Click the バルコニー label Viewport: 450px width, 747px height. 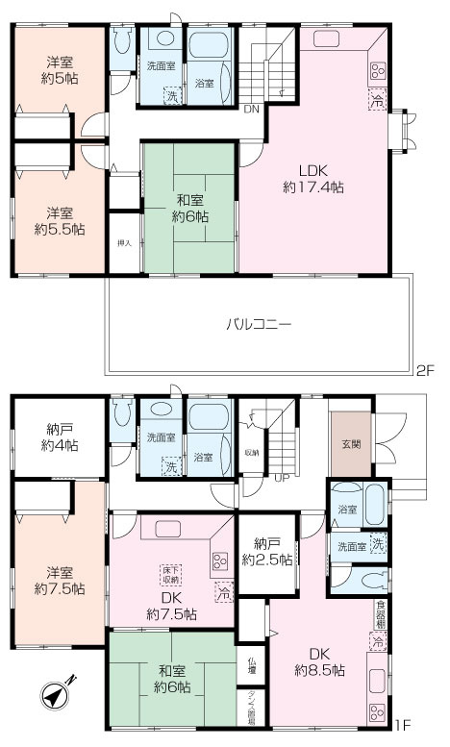(259, 324)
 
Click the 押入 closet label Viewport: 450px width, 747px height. (124, 243)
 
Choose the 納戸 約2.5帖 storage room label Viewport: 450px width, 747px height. (266, 553)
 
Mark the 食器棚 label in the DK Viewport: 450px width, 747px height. (381, 612)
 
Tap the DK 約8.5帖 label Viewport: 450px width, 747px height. (321, 662)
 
